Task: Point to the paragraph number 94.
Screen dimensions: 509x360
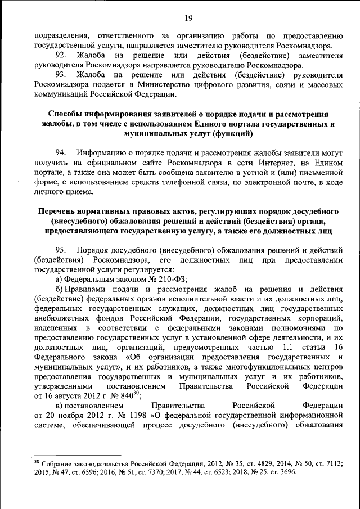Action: (63, 152)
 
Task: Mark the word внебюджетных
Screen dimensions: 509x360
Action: (63, 318)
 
